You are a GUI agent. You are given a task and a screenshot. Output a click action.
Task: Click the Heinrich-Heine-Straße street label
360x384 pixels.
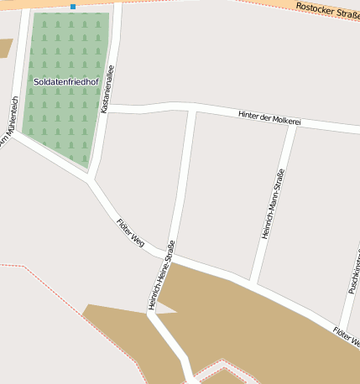(162, 275)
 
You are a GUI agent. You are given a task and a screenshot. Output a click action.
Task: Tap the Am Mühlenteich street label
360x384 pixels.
(9, 122)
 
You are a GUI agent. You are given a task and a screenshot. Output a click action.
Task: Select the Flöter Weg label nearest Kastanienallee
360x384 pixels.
(130, 232)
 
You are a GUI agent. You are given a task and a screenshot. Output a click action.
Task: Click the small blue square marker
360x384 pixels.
(73, 7)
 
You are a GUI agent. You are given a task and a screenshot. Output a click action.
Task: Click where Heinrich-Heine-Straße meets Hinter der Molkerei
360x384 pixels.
(194, 109)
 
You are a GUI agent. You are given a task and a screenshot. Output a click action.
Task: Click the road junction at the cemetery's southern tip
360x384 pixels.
(91, 179)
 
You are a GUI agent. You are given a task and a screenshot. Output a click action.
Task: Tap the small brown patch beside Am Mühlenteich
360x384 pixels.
(6, 48)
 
